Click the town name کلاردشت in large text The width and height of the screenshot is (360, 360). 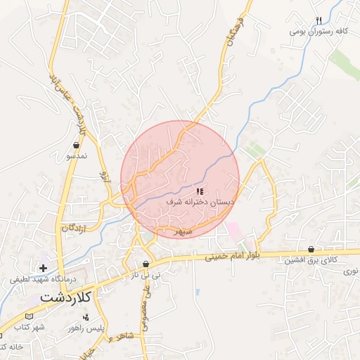pyautogui.click(x=47, y=297)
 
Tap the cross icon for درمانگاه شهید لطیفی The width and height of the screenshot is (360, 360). pyautogui.click(x=44, y=268)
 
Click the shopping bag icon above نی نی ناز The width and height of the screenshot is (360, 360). pyautogui.click(x=146, y=264)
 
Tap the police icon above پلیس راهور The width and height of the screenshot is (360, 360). pyautogui.click(x=86, y=318)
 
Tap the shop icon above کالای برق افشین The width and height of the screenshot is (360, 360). pyautogui.click(x=311, y=249)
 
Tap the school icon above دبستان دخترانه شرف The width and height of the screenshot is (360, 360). pyautogui.click(x=200, y=191)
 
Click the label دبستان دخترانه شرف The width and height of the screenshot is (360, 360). pyautogui.click(x=200, y=202)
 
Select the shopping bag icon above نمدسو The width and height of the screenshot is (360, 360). pyautogui.click(x=75, y=146)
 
